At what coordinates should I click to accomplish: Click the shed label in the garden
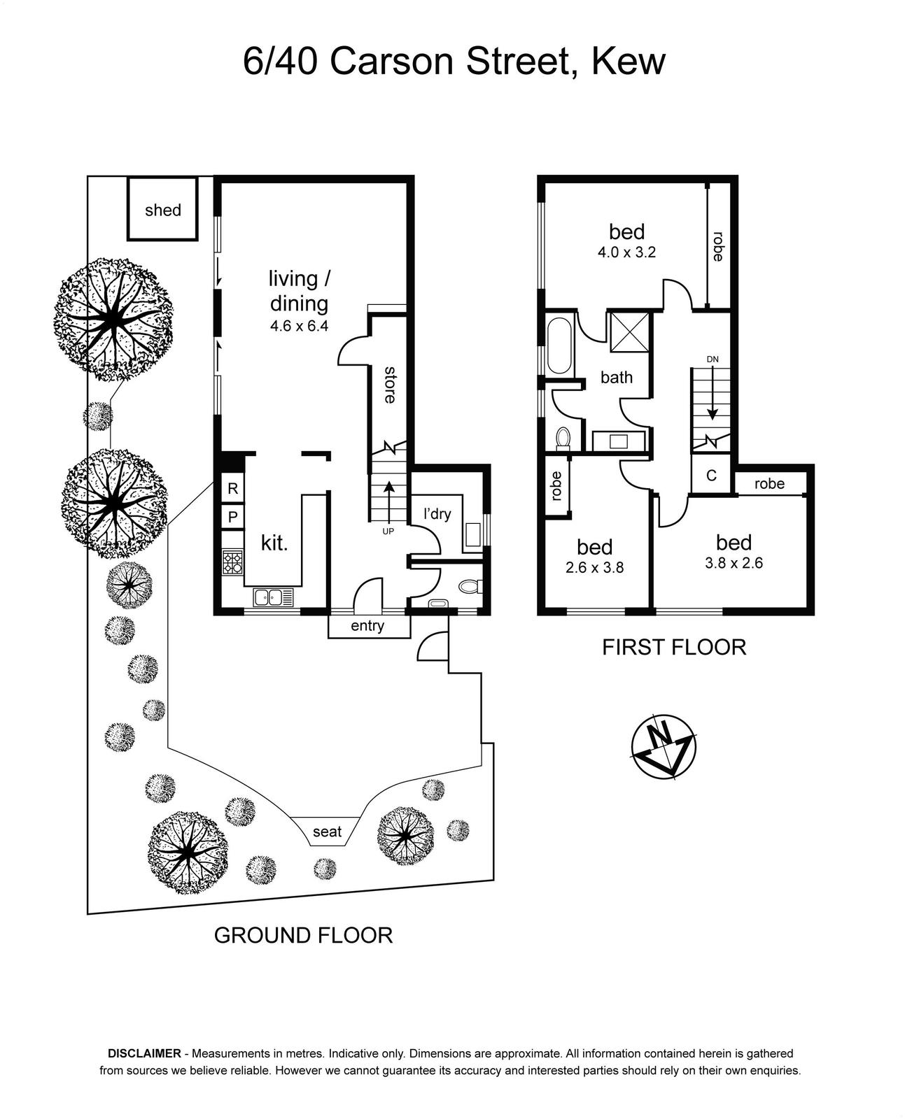tap(162, 211)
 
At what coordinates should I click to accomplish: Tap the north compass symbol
tap(663, 746)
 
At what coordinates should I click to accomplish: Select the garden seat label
tap(327, 832)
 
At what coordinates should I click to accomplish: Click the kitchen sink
tap(274, 597)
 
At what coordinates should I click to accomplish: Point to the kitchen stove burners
tap(232, 562)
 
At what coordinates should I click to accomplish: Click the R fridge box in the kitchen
tap(232, 489)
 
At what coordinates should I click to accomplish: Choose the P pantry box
tap(232, 518)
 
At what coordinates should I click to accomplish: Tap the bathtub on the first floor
tap(559, 346)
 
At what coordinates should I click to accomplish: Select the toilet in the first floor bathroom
tap(563, 438)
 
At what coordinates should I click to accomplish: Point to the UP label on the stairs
tap(388, 532)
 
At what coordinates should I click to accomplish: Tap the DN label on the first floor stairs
tap(713, 359)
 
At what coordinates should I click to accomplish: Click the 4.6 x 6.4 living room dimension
tap(298, 325)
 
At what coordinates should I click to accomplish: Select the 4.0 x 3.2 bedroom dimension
tap(626, 252)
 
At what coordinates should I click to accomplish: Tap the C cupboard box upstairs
tap(711, 476)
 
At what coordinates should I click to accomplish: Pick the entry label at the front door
tap(367, 626)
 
